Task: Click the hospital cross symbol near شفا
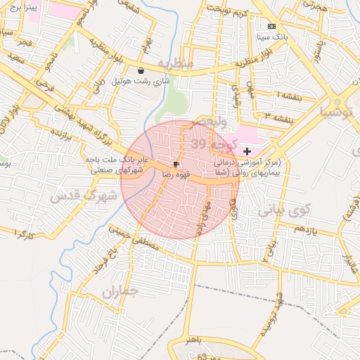(247, 151)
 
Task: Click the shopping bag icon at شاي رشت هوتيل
(141, 70)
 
